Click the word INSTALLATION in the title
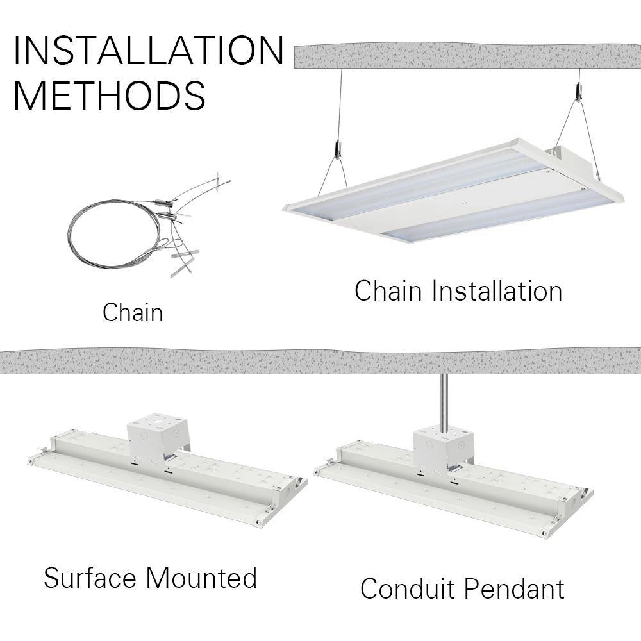point(148,51)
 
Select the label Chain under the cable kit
point(133,313)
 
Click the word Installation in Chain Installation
point(497,291)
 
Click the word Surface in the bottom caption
point(90,578)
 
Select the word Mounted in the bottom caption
point(201,578)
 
